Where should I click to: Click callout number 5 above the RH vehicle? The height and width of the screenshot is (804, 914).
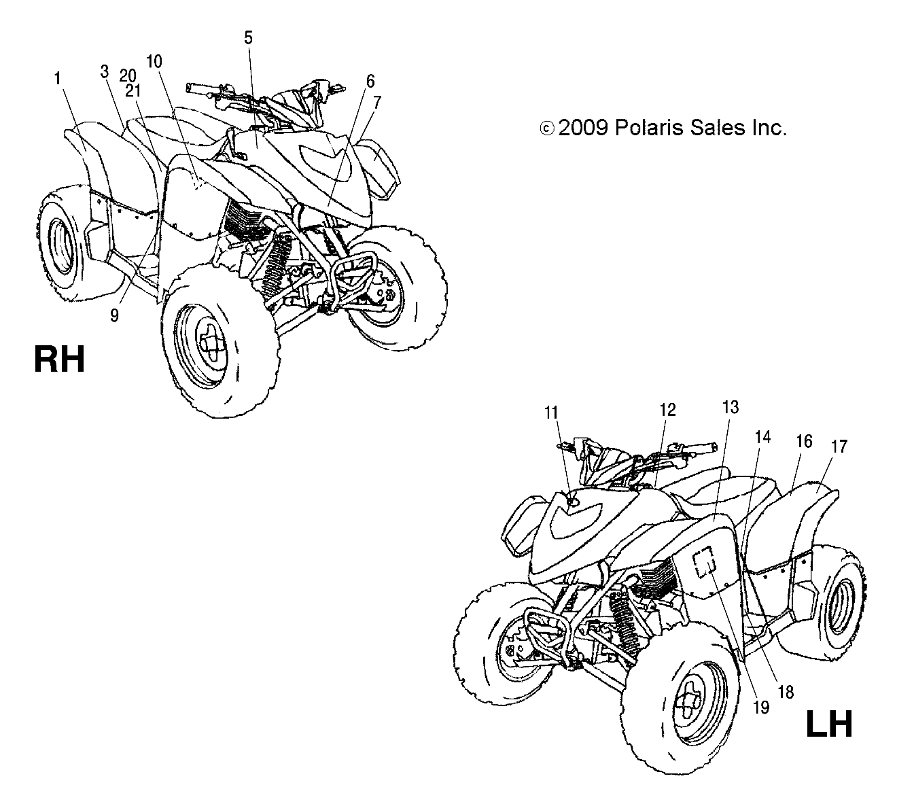point(249,38)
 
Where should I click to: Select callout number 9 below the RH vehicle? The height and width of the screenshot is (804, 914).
point(115,315)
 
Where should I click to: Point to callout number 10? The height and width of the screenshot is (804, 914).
point(154,61)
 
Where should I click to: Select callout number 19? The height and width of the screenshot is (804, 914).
point(761,707)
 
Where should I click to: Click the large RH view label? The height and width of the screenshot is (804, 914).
point(59,359)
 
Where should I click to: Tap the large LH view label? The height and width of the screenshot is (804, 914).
point(828,724)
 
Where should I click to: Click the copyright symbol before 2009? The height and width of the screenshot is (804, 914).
point(547,128)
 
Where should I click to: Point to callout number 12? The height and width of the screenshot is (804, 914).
point(667,410)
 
